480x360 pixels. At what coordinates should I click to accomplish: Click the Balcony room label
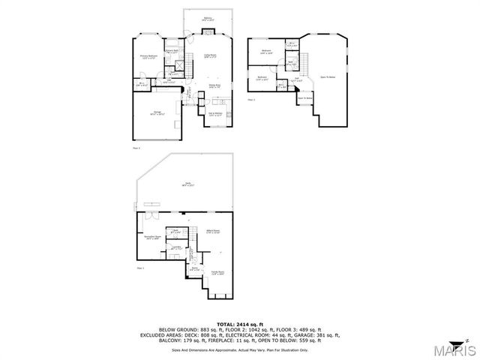[207, 18]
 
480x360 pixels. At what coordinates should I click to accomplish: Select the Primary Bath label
[172, 52]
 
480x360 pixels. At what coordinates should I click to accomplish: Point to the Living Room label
[210, 55]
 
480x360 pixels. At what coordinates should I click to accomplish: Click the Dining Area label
[214, 87]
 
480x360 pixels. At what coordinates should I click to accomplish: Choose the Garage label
[158, 114]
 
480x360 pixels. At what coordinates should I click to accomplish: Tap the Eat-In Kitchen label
[214, 114]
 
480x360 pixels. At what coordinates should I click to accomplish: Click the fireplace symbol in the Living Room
[208, 33]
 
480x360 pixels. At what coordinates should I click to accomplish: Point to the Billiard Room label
[214, 231]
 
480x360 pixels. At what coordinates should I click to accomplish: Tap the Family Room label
[218, 274]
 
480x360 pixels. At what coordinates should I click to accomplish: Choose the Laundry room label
[177, 247]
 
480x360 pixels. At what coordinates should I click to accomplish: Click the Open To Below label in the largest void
[328, 77]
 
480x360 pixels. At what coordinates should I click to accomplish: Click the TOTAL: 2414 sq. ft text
[239, 323]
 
